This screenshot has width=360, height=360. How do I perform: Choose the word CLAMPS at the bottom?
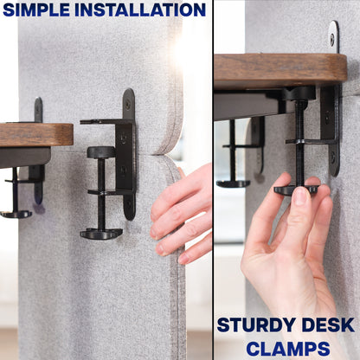[286, 348]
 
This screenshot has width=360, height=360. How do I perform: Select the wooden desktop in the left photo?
[35, 134]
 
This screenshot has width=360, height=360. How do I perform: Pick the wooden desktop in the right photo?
[277, 68]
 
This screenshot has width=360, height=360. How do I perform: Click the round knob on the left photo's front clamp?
[100, 152]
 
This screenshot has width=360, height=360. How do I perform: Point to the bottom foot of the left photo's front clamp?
[101, 233]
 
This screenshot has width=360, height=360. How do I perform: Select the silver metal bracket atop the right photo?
[334, 37]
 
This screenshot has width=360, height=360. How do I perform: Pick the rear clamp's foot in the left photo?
[16, 214]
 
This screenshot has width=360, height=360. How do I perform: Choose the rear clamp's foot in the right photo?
[233, 183]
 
